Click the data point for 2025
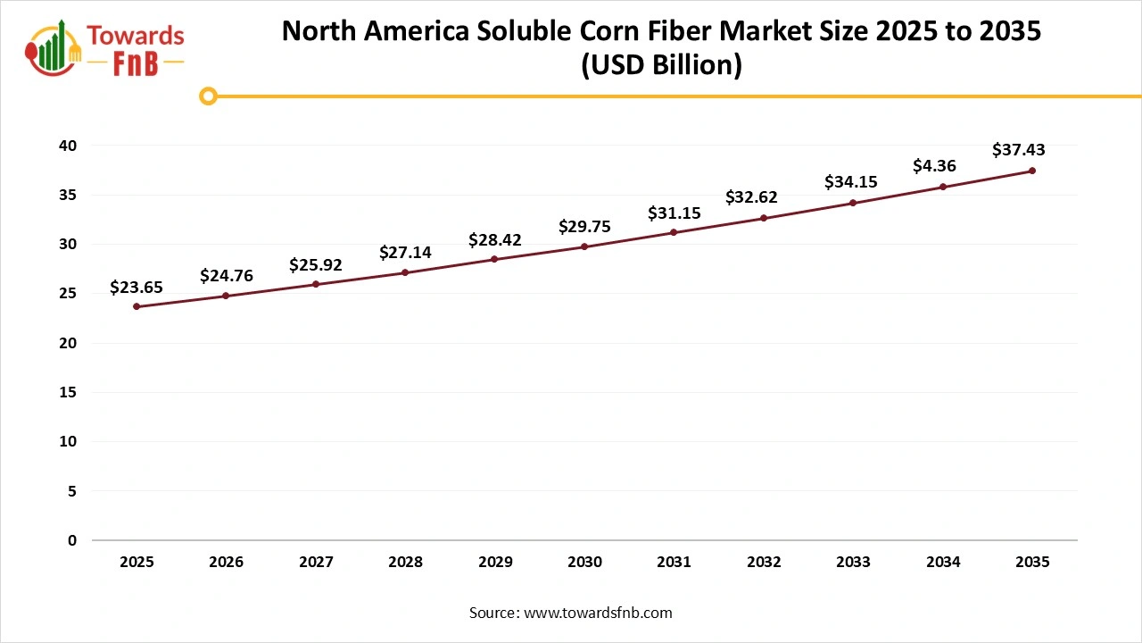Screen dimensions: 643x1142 [x=137, y=306]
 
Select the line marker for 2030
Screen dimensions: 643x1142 [x=584, y=246]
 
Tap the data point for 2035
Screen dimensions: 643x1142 [x=1032, y=171]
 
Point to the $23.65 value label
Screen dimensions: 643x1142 [x=137, y=287]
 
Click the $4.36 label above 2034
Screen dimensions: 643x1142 [x=934, y=166]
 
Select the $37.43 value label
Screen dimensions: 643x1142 [x=1019, y=150]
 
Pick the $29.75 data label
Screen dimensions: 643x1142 [x=584, y=227]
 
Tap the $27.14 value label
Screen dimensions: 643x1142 [x=405, y=253]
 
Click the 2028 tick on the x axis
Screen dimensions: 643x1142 [x=405, y=562]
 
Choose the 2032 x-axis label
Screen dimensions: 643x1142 [x=764, y=562]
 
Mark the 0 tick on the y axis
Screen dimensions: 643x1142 [x=72, y=540]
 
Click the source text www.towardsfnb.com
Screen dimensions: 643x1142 [x=597, y=613]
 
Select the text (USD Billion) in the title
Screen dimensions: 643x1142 [x=661, y=66]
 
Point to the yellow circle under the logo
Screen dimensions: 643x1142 [x=208, y=96]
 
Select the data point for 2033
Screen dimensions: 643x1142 [x=853, y=203]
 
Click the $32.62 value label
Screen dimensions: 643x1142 [x=751, y=196]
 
